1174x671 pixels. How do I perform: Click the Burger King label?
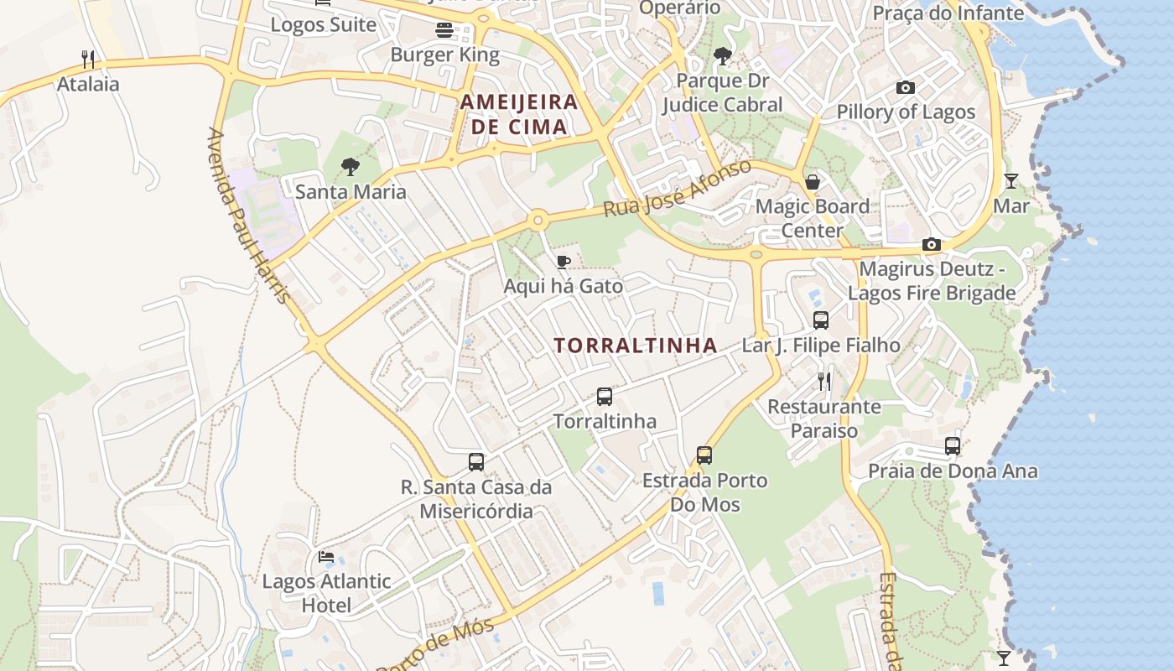coord(444,55)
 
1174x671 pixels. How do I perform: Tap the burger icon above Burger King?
coord(444,30)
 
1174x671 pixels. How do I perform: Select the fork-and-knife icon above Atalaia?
coord(88,60)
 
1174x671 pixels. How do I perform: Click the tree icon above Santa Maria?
coord(351,167)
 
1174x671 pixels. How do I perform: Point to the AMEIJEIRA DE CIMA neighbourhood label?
coord(519,114)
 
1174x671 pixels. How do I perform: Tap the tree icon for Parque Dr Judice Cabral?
coord(722,56)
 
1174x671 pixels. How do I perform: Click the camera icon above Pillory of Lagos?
coord(906,87)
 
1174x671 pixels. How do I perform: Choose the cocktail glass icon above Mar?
coord(1011,181)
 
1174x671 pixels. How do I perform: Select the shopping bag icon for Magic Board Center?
coord(812,181)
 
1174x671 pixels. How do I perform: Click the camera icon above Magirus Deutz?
coord(932,244)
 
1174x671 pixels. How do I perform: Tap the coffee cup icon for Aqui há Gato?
coord(564,262)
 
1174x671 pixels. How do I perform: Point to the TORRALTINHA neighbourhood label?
coord(636,345)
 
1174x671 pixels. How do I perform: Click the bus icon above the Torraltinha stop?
coord(605,396)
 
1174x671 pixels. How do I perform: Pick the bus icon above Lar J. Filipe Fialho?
coord(821,320)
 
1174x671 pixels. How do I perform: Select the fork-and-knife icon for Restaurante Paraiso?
coord(825,382)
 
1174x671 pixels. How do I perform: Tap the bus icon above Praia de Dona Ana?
coord(953,446)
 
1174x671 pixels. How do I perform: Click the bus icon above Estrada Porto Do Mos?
coord(704,455)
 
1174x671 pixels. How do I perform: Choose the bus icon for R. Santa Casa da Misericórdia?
coord(476,462)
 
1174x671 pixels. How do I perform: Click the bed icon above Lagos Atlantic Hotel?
coord(326,557)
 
